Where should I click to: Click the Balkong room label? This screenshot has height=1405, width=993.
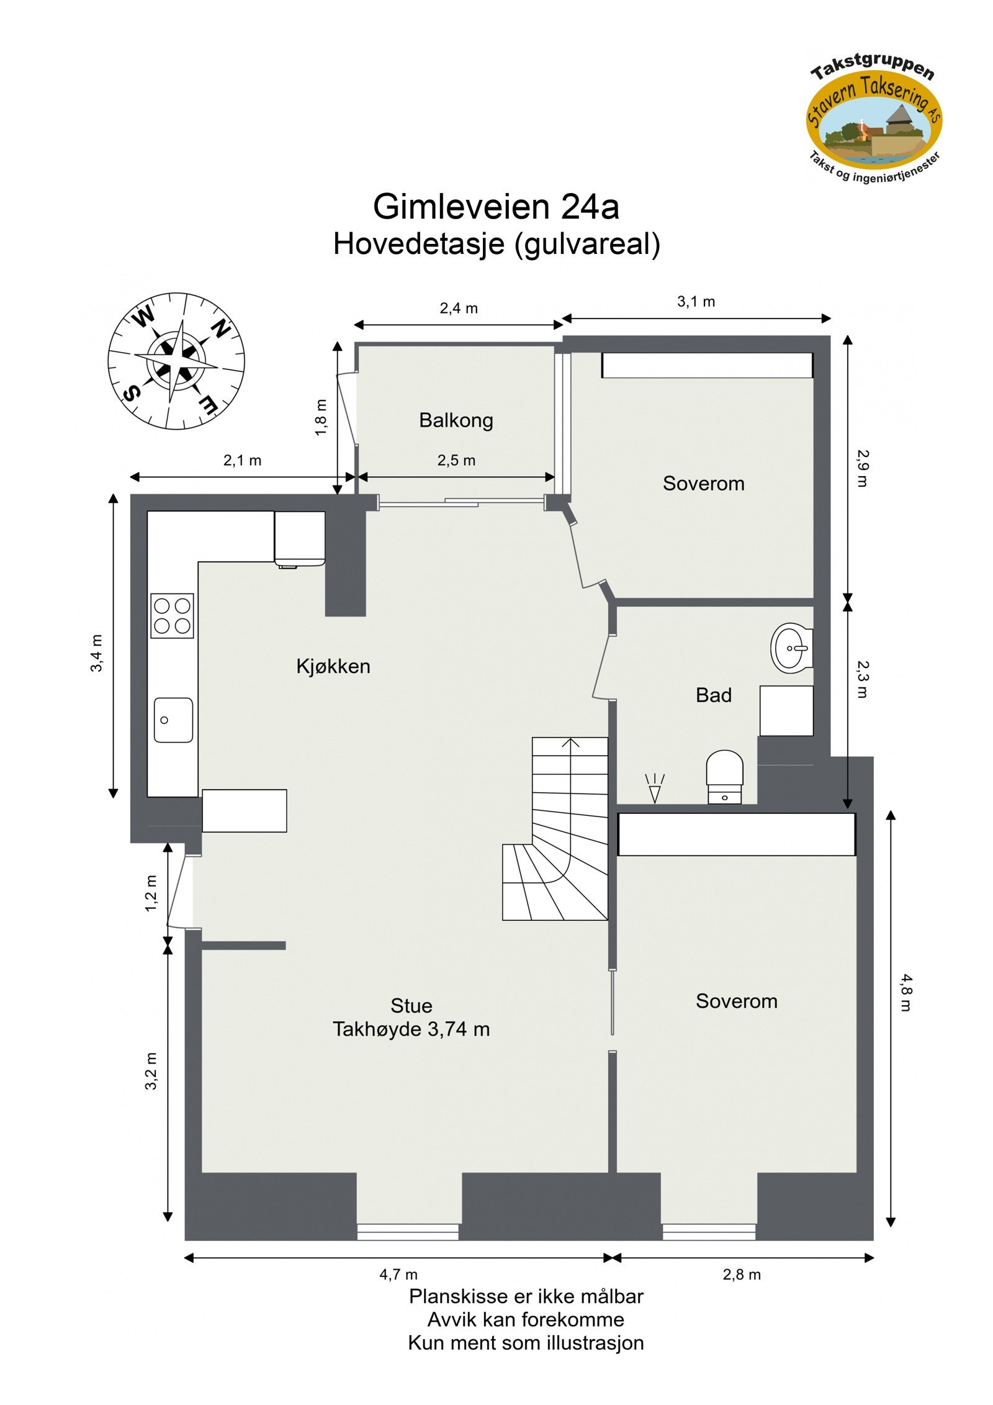(456, 420)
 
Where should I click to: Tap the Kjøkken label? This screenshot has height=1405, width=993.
(333, 666)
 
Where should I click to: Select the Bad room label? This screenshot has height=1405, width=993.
(713, 695)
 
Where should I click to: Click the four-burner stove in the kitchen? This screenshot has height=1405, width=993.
(172, 615)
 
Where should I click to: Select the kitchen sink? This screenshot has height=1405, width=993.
(173, 720)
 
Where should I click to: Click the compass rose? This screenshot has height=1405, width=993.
(176, 361)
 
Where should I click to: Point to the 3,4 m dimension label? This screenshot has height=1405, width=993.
(97, 653)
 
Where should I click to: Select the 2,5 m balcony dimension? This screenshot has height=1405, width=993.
(456, 460)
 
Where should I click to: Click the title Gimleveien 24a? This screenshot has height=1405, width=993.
(496, 206)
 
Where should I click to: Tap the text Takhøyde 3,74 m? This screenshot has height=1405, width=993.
(411, 1029)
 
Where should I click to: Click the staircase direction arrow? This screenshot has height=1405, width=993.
(570, 743)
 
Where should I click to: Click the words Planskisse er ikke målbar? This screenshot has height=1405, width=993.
(526, 1296)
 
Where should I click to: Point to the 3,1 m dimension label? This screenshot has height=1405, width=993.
(696, 302)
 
